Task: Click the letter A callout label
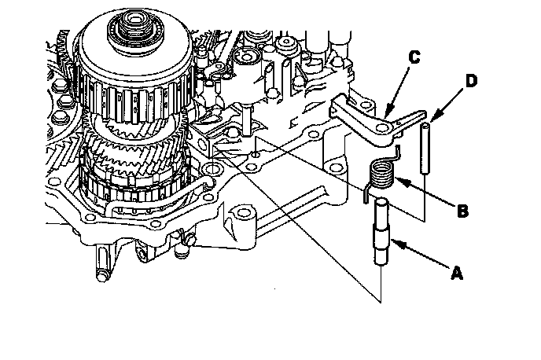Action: click(455, 274)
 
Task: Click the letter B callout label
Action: click(463, 210)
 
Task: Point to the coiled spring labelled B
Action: click(382, 173)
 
